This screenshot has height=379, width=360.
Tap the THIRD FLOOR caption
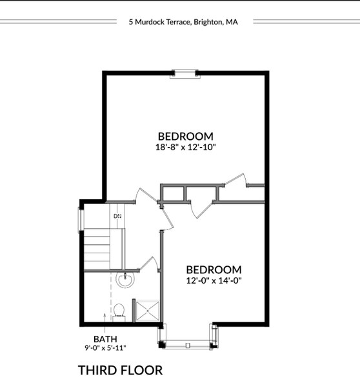pos(120,369)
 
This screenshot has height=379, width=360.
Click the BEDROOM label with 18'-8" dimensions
pos(185,136)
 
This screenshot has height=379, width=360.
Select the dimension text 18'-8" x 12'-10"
pos(185,147)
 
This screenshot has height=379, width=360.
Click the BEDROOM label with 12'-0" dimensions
pos(214,269)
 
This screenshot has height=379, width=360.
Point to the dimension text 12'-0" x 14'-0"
pos(214,280)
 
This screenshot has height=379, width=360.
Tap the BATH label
pos(105,338)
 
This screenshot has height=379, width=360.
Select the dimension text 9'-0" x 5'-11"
pos(105,348)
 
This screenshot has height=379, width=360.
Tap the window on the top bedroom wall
pos(186,73)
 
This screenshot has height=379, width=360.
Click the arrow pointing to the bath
pos(105,318)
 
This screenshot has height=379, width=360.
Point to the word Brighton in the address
pos(208,21)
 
